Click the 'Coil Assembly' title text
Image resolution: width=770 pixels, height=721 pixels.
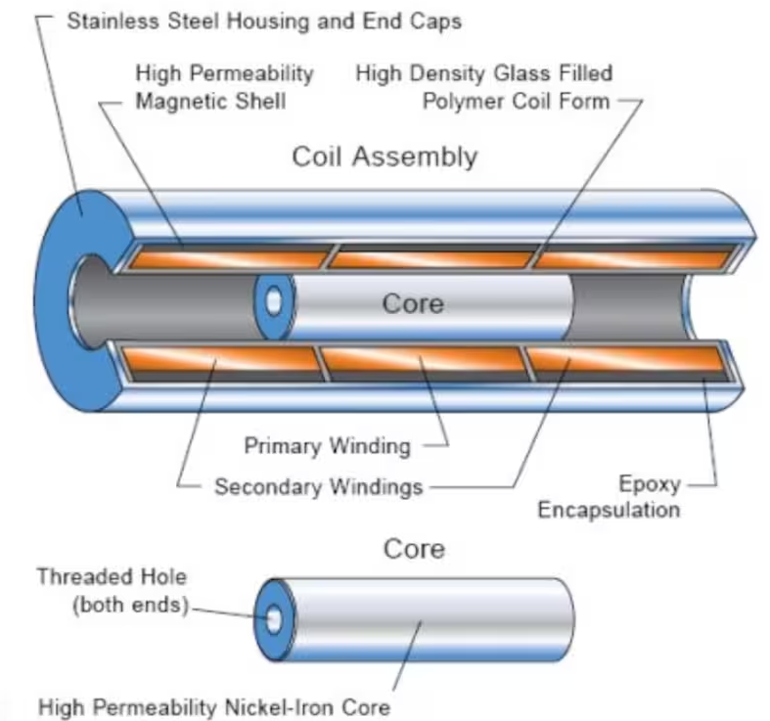coord(385,157)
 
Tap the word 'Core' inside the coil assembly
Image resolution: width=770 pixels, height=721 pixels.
coord(412,303)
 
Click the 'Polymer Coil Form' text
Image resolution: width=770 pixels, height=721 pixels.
coord(516,102)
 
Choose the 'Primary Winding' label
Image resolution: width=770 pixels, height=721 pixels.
coord(327,446)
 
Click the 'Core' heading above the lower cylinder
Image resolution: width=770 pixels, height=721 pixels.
coord(413,548)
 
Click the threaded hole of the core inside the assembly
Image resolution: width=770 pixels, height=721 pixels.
coord(275,303)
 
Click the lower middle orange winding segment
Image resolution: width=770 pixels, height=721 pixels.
coord(422,363)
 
